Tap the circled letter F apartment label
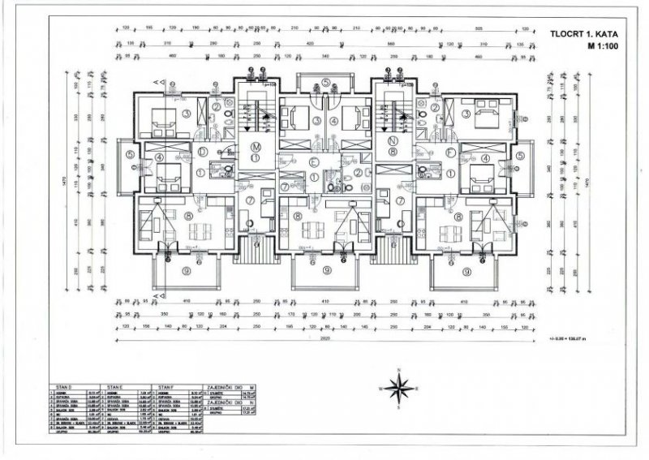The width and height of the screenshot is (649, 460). point(449,151)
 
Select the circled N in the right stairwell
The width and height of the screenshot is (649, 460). point(392,150)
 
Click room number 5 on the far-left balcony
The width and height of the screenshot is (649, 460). point(130,156)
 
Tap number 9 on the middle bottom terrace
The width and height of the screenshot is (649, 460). point(326,271)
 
